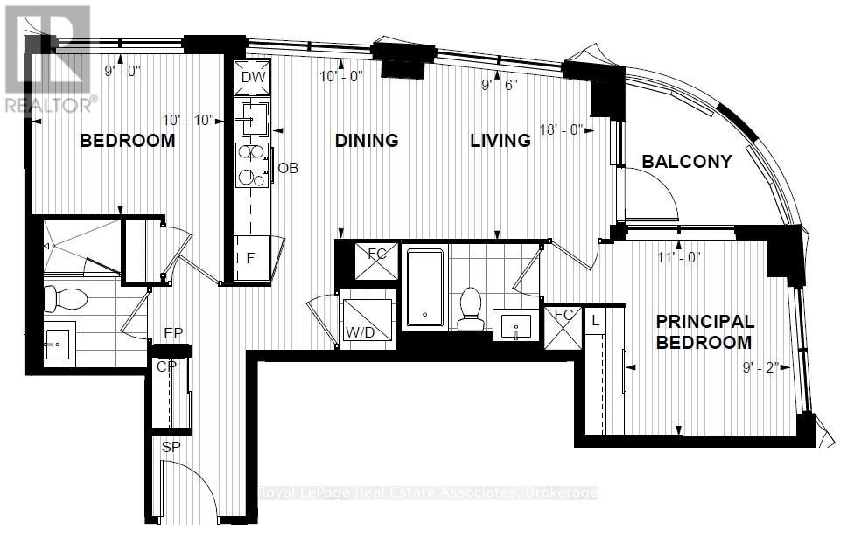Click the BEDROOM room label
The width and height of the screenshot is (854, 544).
128,141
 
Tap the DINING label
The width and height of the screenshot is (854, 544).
367,141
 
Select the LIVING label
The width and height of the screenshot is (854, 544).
500,141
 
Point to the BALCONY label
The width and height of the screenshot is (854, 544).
687,161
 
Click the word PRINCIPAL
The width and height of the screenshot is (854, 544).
704,321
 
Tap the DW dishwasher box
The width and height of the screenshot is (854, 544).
253,77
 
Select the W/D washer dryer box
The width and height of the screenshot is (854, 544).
366,319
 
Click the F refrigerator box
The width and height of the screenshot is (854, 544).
252,258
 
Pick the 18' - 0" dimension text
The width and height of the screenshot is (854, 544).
561,129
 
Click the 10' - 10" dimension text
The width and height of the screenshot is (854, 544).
188,120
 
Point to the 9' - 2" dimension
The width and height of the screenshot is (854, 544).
760,367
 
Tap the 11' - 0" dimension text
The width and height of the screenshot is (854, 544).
679,257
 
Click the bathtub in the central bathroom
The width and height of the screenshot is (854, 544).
425,288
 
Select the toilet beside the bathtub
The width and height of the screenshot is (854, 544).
471,309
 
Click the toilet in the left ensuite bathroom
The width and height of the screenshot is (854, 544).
66,299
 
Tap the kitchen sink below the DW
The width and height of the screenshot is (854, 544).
252,119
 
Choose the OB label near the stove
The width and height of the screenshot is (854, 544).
288,168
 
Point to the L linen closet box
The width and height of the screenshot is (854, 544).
595,320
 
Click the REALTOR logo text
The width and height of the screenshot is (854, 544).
49,105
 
